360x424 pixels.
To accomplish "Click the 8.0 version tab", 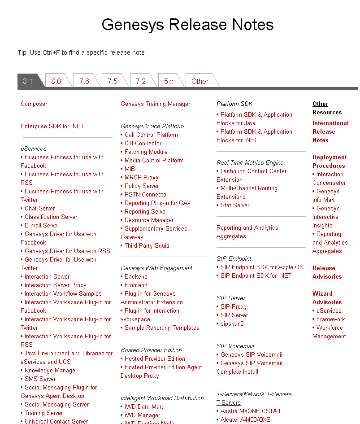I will [56, 81].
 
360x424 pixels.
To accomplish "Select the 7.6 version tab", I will [84, 81].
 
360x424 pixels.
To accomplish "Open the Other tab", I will [200, 81].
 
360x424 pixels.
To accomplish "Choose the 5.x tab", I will [169, 81].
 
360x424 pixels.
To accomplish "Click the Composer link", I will [34, 104].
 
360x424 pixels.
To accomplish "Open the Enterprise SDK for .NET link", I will [52, 126].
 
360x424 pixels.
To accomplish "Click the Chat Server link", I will [39, 208].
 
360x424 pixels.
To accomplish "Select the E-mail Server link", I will [42, 225].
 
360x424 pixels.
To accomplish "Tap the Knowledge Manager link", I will [51, 370].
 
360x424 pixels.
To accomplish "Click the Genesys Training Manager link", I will [155, 104].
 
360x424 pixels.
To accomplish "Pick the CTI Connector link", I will [143, 143].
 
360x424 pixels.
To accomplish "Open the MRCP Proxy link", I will [141, 177].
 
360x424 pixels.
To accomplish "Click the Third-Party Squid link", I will [147, 245].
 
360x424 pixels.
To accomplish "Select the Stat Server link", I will [234, 205].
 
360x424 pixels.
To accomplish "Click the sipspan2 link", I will [232, 323].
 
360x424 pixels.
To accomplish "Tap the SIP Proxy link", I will [233, 306].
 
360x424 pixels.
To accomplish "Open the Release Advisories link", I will [327, 272].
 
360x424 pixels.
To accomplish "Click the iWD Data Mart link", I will [143, 407].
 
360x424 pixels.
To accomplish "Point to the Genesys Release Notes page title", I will [187, 24].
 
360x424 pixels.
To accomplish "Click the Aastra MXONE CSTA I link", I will [250, 411].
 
